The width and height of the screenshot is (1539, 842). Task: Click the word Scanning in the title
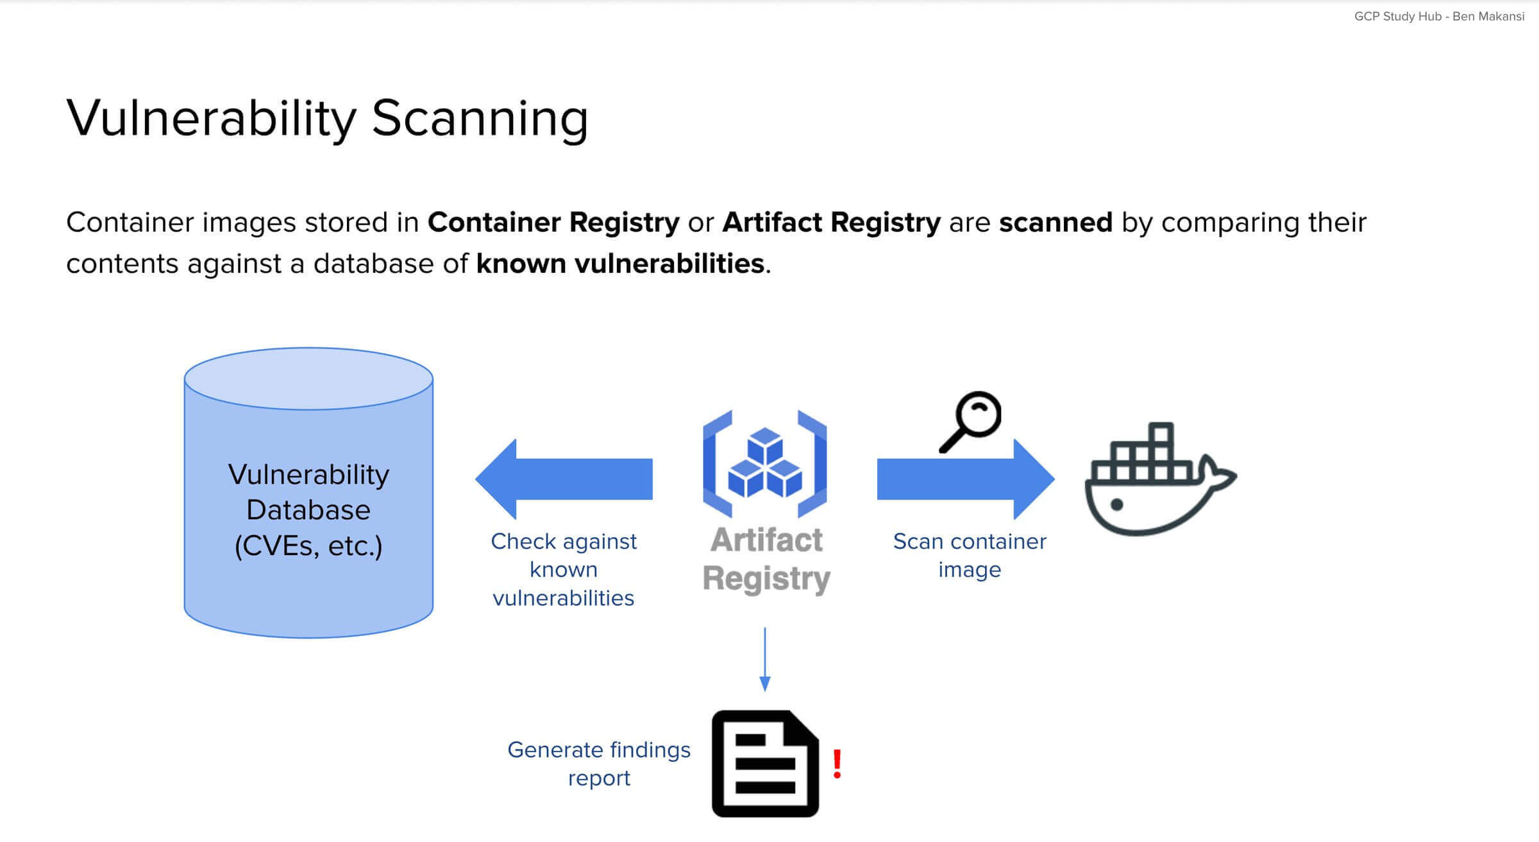tap(480, 119)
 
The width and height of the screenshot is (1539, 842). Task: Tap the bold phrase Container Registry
tap(553, 223)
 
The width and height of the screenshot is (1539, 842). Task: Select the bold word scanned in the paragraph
tap(1055, 223)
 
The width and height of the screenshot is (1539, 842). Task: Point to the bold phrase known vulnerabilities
tap(619, 264)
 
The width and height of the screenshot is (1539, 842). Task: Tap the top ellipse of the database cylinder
tap(308, 379)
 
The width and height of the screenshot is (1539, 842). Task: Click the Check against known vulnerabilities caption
tap(563, 569)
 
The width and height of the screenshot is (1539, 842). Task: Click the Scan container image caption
tap(969, 555)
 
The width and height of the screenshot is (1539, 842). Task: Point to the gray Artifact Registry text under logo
tap(766, 559)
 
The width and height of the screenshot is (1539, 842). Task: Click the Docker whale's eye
tap(1116, 504)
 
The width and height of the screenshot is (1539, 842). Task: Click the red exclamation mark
tap(837, 764)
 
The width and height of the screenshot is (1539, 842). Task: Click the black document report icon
tap(765, 764)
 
